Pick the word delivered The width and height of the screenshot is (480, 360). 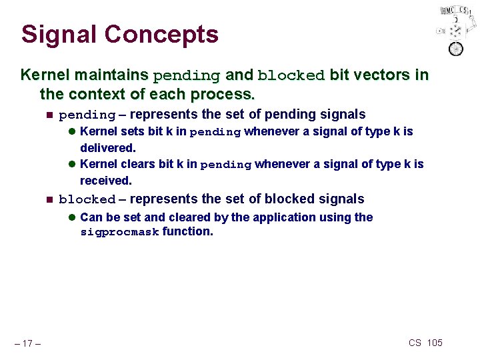tap(108, 148)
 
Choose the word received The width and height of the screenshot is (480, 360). tap(106, 181)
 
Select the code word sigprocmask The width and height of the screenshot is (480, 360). tap(119, 233)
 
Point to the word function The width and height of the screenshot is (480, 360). tap(187, 232)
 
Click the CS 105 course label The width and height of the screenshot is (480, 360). tap(425, 343)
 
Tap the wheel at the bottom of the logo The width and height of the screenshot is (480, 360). tap(456, 49)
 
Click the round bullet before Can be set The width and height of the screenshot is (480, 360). tap(72, 218)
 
